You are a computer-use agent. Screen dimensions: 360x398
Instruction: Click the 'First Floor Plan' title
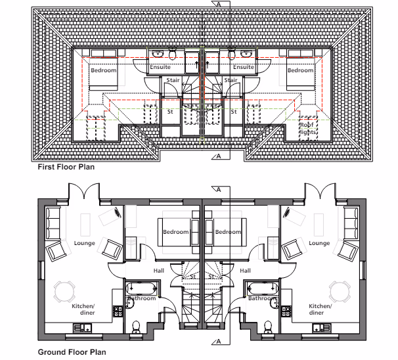tap(66, 167)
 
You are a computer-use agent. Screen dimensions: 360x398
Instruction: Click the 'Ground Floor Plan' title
tap(72, 353)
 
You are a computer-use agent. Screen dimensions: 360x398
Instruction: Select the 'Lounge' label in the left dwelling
tap(85, 243)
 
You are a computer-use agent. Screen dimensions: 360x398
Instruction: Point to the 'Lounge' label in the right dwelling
tap(319, 243)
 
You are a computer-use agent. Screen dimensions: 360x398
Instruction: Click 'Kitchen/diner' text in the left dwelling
tap(83, 309)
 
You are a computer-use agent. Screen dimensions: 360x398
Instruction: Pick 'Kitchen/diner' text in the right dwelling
tap(321, 309)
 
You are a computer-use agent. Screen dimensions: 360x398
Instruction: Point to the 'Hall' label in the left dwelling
tap(158, 270)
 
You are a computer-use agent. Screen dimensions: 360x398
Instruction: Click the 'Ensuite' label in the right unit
tap(244, 67)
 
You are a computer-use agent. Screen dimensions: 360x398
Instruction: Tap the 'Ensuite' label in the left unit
tap(160, 67)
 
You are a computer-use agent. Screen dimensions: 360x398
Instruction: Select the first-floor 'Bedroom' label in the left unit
tap(103, 70)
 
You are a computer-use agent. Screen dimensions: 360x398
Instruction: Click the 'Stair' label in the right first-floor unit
tap(231, 80)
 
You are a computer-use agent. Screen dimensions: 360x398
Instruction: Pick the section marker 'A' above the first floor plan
tap(219, 3)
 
